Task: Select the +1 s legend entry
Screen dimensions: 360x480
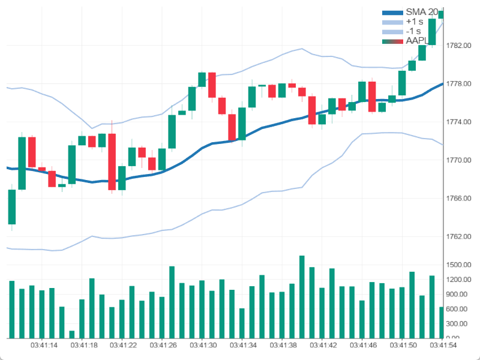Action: pos(414,22)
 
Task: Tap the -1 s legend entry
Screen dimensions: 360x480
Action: pos(413,31)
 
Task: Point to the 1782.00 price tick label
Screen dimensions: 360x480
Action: pos(458,46)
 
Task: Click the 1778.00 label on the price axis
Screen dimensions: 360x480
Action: pos(458,83)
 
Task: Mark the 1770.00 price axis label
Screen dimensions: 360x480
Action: pos(458,160)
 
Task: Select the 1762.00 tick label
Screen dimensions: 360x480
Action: pos(458,236)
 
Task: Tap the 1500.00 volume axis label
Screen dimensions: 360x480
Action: pos(458,265)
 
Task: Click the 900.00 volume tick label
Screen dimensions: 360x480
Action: pos(458,294)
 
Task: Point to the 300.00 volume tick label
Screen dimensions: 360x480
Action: pos(458,323)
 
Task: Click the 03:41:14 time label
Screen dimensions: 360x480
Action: pos(44,346)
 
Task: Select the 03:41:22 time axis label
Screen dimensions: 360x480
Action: pos(124,346)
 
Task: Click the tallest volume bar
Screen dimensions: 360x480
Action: pos(302,297)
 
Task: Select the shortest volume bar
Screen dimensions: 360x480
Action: pos(72,334)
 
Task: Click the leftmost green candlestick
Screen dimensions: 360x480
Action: pos(11,206)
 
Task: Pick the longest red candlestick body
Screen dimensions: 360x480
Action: pos(112,162)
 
